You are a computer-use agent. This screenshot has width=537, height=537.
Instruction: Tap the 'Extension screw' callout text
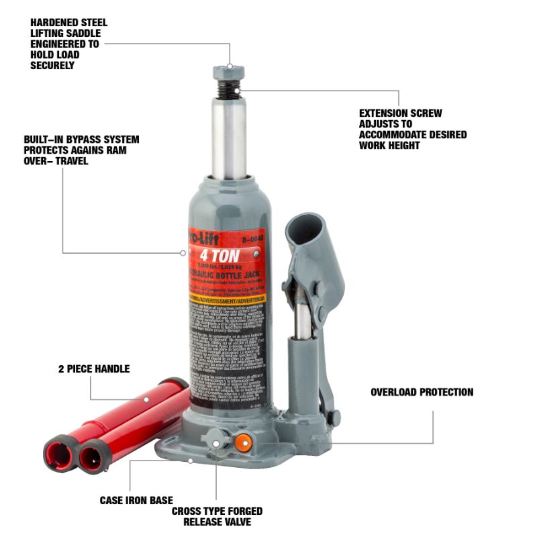pos(412,129)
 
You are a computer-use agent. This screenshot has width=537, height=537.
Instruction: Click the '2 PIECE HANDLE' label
pos(93,369)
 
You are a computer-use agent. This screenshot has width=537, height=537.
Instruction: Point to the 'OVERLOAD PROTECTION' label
pos(422,392)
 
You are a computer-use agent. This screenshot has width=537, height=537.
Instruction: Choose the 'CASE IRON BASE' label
pos(136,500)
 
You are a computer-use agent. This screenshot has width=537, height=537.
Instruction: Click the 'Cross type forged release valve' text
pos(217,516)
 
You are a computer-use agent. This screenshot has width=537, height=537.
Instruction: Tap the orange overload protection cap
pos(242,442)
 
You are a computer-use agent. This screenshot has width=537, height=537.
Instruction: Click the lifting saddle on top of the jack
pos(228,72)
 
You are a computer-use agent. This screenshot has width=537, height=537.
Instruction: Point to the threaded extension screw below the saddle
pos(228,89)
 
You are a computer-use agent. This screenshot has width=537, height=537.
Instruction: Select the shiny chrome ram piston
pos(229,138)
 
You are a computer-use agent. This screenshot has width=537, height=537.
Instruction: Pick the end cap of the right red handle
pos(93,458)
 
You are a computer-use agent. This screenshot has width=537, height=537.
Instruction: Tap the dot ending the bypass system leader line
pos(183,253)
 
